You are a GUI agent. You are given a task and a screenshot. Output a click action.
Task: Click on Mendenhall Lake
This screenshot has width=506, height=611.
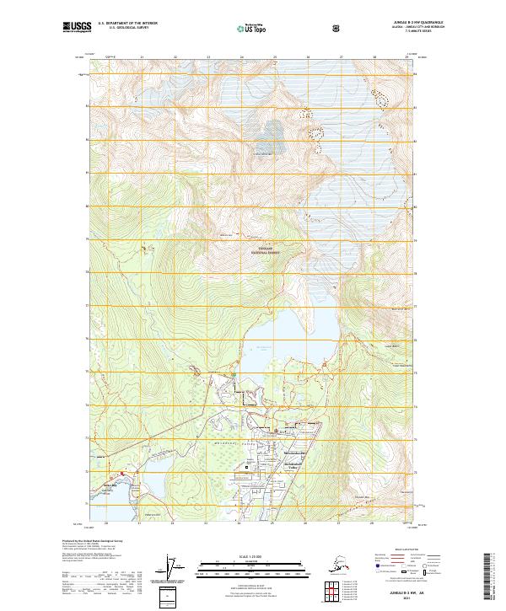click(287, 341)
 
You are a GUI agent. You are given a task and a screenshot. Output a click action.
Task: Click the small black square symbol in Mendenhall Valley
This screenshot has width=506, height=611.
click(246, 466)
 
